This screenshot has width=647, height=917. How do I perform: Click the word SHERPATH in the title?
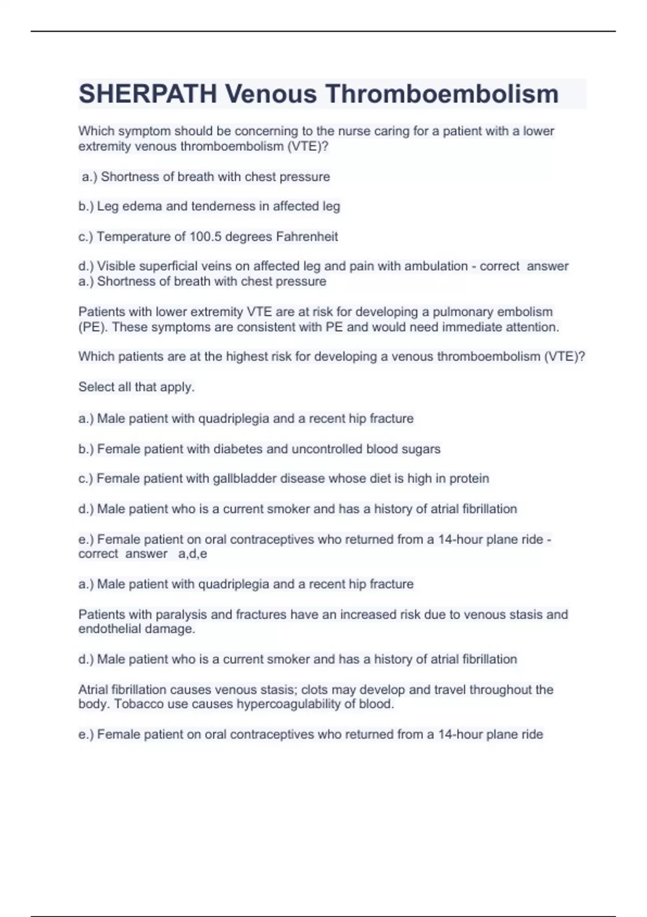[147, 94]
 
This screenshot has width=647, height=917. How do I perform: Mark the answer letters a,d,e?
[192, 554]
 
